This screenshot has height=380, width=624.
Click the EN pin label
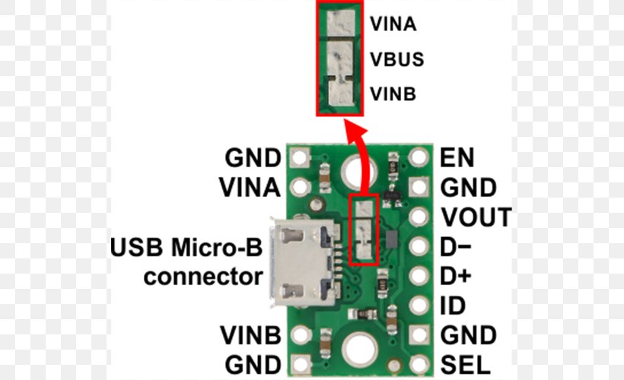point(457,158)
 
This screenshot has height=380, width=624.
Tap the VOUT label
point(476,217)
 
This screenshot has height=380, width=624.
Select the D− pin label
point(459,247)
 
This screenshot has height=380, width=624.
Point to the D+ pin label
point(459,277)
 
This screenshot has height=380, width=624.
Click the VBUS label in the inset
point(396,59)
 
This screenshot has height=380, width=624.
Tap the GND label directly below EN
point(468,188)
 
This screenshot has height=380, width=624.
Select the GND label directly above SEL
point(468,335)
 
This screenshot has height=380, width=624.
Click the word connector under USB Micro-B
point(203,275)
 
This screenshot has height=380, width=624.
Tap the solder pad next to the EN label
point(418,158)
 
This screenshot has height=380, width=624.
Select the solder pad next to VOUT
point(418,217)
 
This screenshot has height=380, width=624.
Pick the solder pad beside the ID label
point(418,306)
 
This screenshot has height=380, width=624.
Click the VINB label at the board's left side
point(250,335)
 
